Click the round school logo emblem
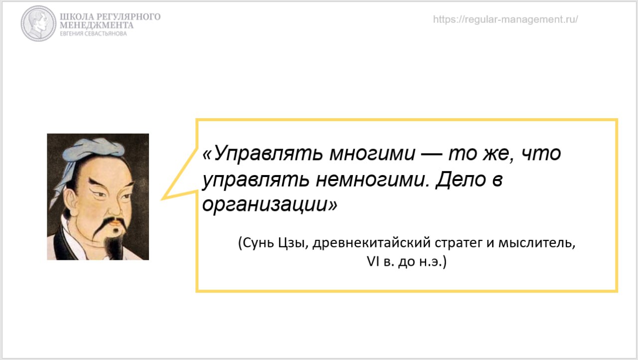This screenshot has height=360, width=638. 38,23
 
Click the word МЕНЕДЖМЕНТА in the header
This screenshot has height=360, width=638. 97,25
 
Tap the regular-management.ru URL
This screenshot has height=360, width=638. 505,19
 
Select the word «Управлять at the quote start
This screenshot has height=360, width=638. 263,154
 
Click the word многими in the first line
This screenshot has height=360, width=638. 372,154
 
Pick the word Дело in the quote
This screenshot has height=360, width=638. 461,180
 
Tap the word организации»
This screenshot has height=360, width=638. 270,204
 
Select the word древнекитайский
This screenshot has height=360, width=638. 372,243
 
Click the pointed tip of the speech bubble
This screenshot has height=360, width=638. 161,199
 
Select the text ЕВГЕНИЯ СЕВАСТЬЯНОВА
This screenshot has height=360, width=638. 93,34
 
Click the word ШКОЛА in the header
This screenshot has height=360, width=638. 77,17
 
